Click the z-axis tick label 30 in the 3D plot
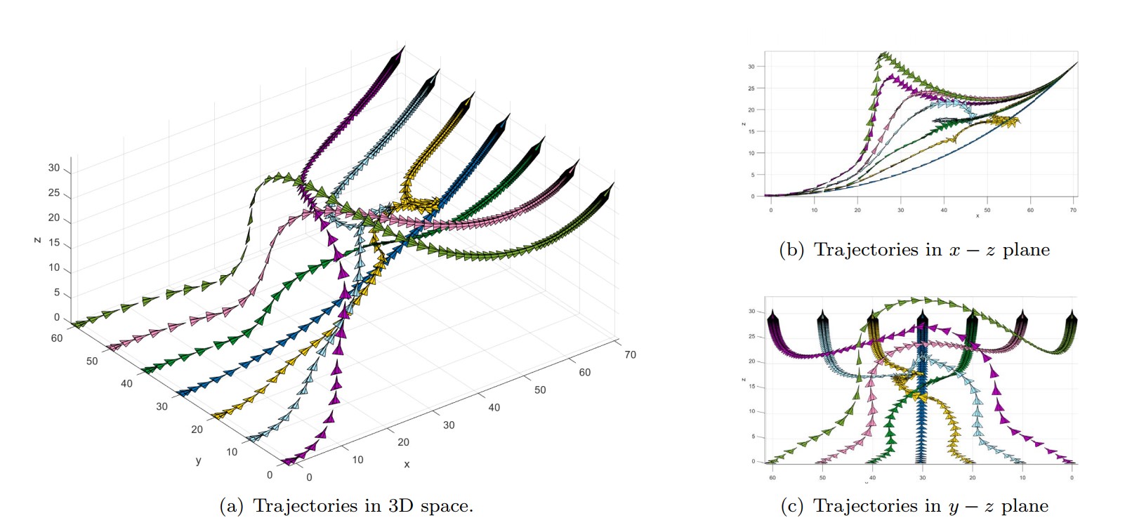pyautogui.click(x=54, y=168)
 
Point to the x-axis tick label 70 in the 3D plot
pyautogui.click(x=630, y=354)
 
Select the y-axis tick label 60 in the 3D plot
pyautogui.click(x=57, y=338)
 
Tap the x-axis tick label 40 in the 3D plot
pyautogui.click(x=494, y=407)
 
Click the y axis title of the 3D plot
pyautogui.click(x=198, y=460)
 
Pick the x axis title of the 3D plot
pyautogui.click(x=407, y=464)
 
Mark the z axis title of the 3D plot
pyautogui.click(x=37, y=240)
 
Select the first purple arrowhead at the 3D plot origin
pyautogui.click(x=287, y=462)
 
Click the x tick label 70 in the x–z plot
pyautogui.click(x=1073, y=210)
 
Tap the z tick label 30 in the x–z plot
pyautogui.click(x=751, y=67)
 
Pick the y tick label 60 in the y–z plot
pyautogui.click(x=772, y=477)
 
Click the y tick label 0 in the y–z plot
pyautogui.click(x=1072, y=477)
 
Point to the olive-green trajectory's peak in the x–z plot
pyautogui.click(x=883, y=54)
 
